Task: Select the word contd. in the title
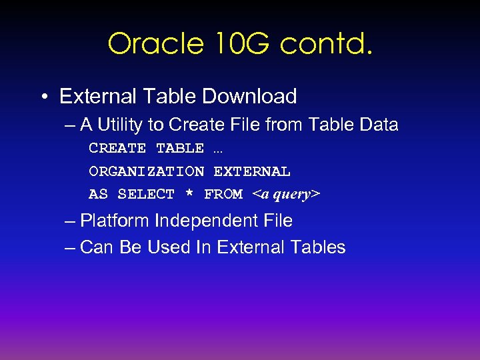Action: [326, 44]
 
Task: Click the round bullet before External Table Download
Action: [43, 97]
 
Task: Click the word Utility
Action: [132, 125]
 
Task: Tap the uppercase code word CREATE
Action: [117, 148]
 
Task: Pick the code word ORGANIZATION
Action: [146, 171]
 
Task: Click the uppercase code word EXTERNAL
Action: [251, 171]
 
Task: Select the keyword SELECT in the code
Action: [146, 194]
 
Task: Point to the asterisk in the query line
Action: [189, 193]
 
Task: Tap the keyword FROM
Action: [223, 194]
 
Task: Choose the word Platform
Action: [114, 221]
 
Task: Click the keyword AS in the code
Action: [98, 194]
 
